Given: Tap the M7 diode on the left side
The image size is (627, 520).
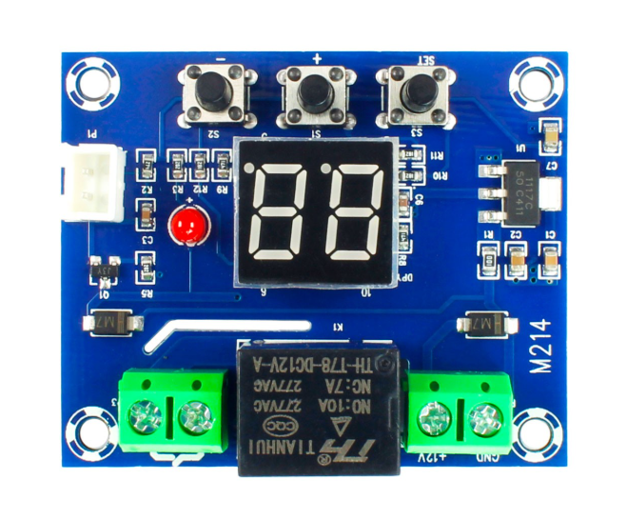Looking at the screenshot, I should click(x=111, y=324).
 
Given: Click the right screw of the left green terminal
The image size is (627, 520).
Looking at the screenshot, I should click(x=193, y=414).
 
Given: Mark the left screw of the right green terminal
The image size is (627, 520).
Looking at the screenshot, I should click(x=435, y=414).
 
